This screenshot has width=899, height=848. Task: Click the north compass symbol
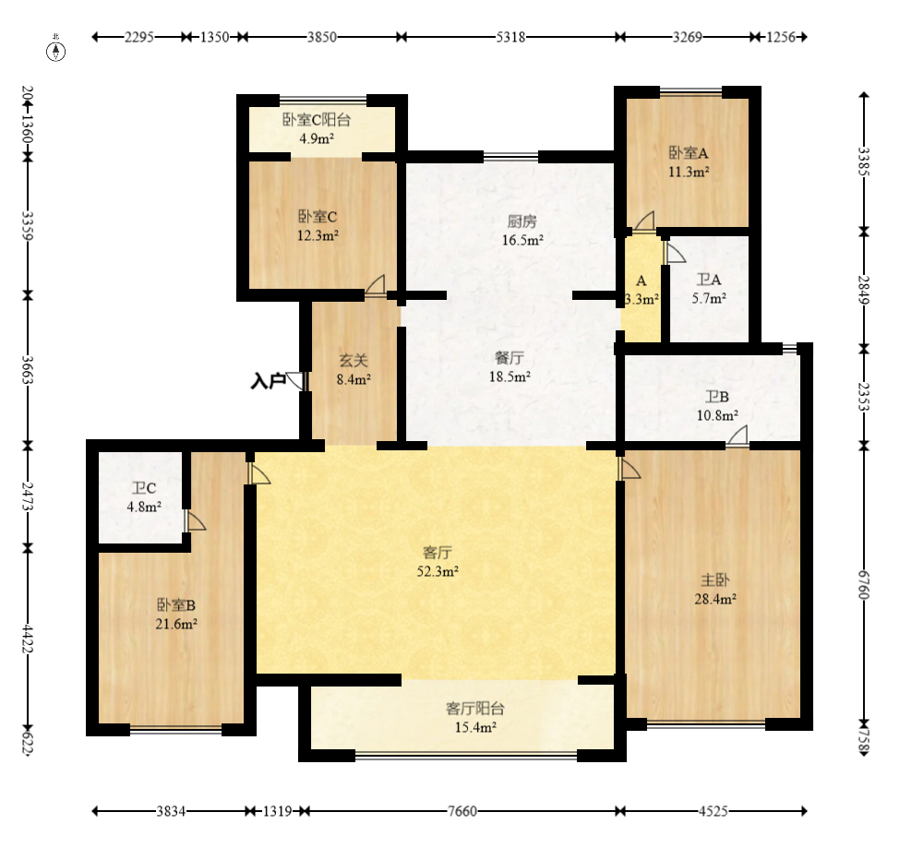[55, 49]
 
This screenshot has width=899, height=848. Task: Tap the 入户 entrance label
[268, 381]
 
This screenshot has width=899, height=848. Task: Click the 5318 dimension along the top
[510, 37]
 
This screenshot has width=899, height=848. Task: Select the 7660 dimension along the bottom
[462, 811]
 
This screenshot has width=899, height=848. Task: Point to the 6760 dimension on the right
[863, 584]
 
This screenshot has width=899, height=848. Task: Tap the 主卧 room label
[715, 580]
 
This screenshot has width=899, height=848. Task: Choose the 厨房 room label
[521, 221]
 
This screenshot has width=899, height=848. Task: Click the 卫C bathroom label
[144, 488]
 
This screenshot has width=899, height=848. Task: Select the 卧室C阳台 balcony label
[317, 120]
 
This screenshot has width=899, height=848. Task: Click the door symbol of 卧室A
[643, 221]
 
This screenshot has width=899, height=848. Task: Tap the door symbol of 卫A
[674, 252]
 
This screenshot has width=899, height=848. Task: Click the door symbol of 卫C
[195, 520]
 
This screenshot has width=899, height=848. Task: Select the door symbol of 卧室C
[375, 285]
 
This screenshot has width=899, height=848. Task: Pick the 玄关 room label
[354, 360]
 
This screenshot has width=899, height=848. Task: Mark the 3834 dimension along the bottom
[171, 811]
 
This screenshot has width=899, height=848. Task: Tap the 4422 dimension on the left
[28, 639]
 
